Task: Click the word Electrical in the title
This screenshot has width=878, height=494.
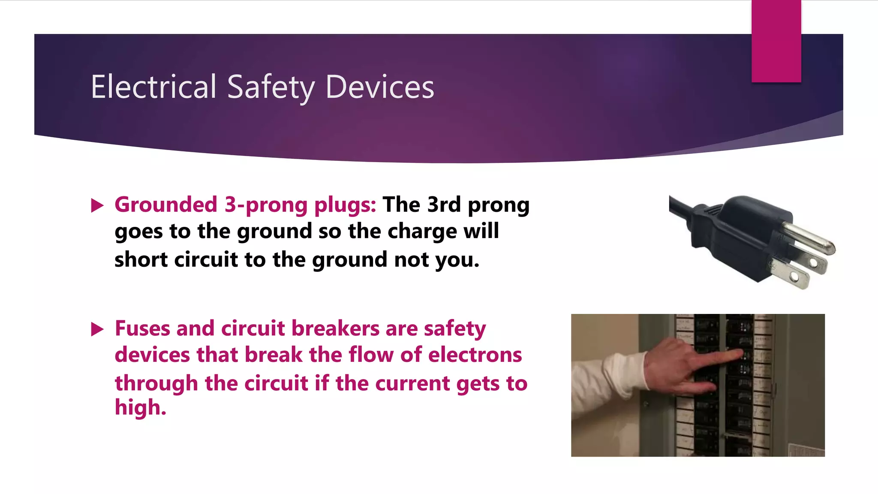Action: coord(153,87)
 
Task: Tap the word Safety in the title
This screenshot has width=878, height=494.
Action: coord(271,87)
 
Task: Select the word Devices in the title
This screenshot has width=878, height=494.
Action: coord(380,87)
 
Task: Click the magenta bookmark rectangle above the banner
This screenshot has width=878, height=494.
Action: coord(776,41)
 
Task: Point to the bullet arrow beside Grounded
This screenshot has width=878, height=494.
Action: coord(97,205)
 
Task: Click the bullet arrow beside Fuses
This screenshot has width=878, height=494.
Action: coord(97,329)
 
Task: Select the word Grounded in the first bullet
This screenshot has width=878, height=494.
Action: coord(166,205)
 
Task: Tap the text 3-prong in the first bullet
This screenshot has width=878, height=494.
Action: coord(266,205)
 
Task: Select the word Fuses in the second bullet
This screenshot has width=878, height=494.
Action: coord(142,328)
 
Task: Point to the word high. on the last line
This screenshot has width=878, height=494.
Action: coord(140,407)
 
